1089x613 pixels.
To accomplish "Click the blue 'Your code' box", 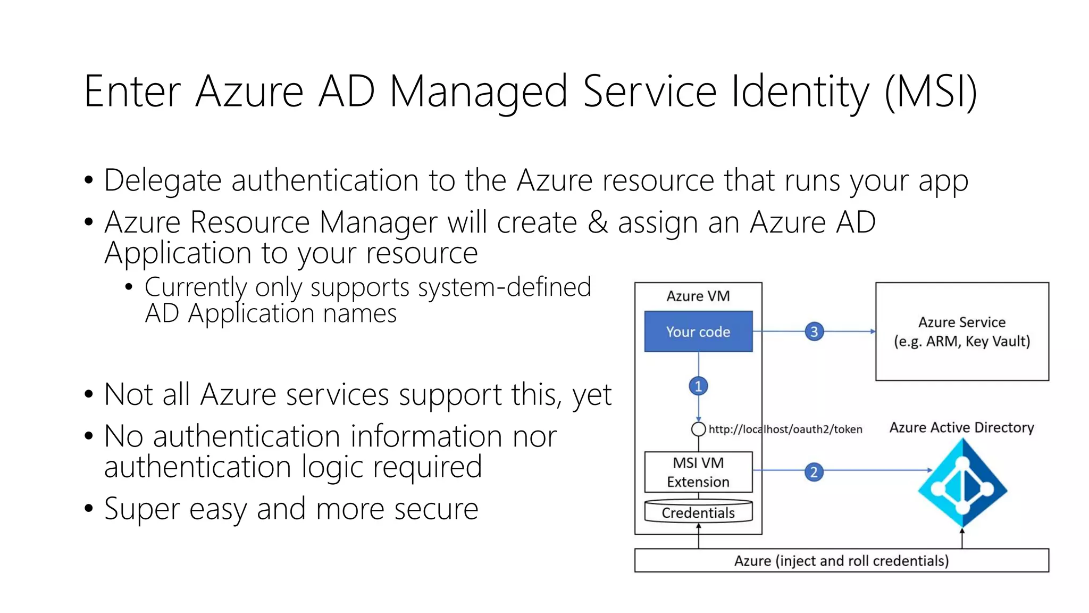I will pyautogui.click(x=698, y=332).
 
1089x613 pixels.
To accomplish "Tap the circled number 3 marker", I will pyautogui.click(x=814, y=332).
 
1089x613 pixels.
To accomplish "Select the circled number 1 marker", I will pyautogui.click(x=698, y=386).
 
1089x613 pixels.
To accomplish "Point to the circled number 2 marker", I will pyautogui.click(x=814, y=472).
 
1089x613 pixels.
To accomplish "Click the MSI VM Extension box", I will pyautogui.click(x=698, y=472).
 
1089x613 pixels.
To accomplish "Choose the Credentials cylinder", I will pyautogui.click(x=698, y=512).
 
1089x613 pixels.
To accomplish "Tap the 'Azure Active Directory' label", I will pyautogui.click(x=961, y=427).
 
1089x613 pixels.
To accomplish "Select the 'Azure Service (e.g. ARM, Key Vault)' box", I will pyautogui.click(x=962, y=332).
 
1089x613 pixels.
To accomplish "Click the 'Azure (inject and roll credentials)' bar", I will pyautogui.click(x=841, y=561).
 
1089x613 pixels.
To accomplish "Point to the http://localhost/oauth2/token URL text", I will pyautogui.click(x=785, y=429).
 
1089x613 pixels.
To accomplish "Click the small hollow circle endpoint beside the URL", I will pyautogui.click(x=698, y=429).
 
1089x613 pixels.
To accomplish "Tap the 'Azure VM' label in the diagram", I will pyautogui.click(x=698, y=296).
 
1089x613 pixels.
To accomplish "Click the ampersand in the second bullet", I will pyautogui.click(x=598, y=222).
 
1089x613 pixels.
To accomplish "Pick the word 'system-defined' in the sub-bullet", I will pyautogui.click(x=504, y=287).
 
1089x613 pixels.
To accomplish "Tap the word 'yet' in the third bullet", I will pyautogui.click(x=592, y=395).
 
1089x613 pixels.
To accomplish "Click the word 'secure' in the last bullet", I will pyautogui.click(x=436, y=509).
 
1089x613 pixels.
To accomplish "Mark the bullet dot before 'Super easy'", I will pyautogui.click(x=89, y=509).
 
